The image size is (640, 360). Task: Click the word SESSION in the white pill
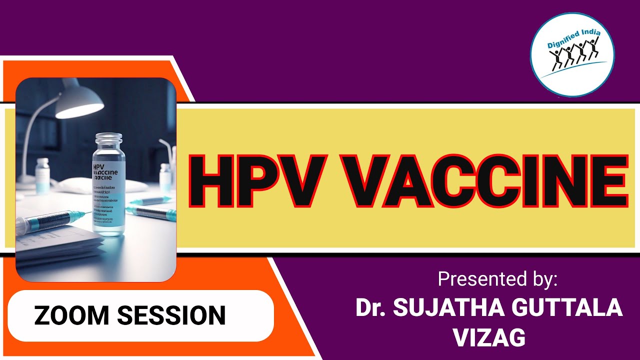click(171, 315)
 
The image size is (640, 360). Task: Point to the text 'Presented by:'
click(497, 279)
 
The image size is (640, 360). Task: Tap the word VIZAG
click(489, 337)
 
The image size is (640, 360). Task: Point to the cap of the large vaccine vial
click(108, 140)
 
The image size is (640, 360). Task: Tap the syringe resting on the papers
click(50, 222)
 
